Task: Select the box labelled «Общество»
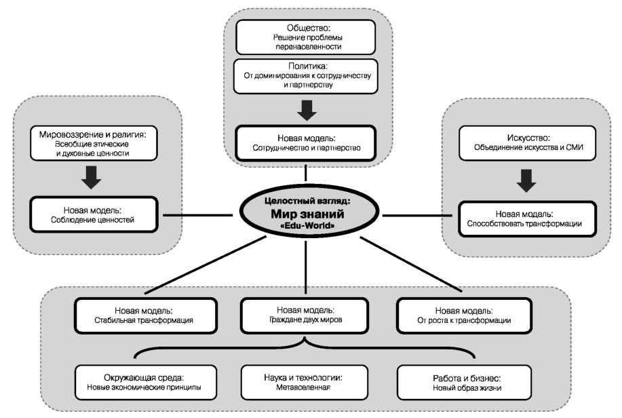305,37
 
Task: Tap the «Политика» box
305,76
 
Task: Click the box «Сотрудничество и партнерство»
305,143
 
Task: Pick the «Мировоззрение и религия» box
94,143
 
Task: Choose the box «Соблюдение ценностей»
94,214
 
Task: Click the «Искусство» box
527,143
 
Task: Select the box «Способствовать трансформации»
527,218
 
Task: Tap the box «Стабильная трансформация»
146,316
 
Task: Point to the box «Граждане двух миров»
305,315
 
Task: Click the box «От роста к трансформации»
464,316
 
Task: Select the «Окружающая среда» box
146,382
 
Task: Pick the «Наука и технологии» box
305,382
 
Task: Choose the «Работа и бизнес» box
464,382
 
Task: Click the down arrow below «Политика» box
307,110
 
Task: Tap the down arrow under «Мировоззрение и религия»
92,177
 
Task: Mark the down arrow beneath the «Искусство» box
526,180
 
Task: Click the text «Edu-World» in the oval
307,225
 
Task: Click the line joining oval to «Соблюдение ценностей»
198,216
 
